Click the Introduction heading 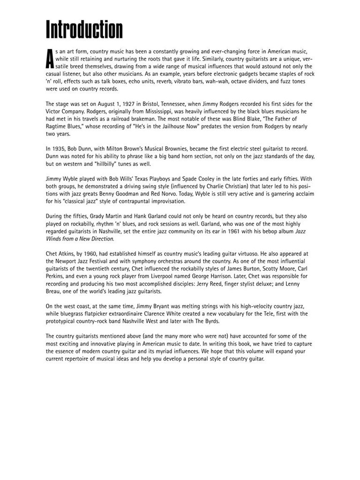84,30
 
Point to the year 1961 215,231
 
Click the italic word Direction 100,239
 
